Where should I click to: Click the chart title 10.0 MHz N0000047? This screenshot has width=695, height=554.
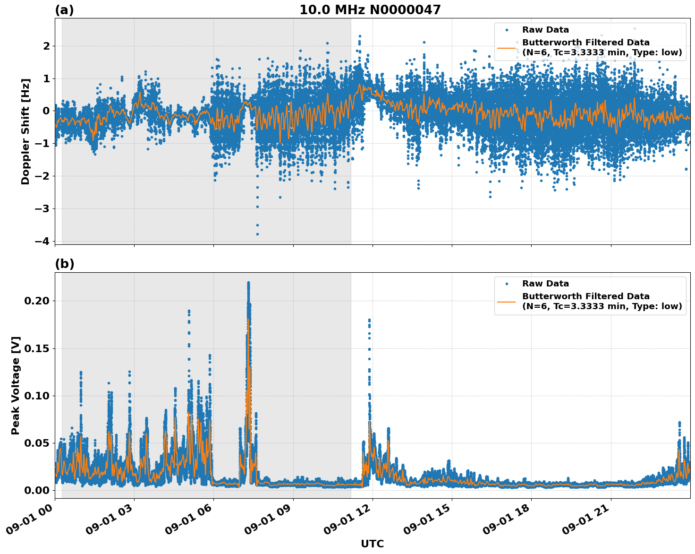tap(370, 10)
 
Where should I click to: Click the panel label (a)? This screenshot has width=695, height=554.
tap(64, 10)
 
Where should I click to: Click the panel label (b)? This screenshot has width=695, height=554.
tap(64, 264)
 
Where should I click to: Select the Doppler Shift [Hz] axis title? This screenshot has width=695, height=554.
tap(25, 131)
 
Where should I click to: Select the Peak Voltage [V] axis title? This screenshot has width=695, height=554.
tap(16, 385)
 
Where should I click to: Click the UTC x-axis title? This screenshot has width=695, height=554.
tap(372, 544)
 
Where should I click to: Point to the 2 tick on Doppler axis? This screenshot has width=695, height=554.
tap(46, 46)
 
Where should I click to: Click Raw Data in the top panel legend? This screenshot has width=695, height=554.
tap(545, 30)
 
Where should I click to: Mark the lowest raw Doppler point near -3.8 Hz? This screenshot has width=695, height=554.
tap(257, 234)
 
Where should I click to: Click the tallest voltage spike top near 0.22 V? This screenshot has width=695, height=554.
tap(248, 283)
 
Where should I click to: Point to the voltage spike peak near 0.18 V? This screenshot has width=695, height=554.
tap(369, 320)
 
